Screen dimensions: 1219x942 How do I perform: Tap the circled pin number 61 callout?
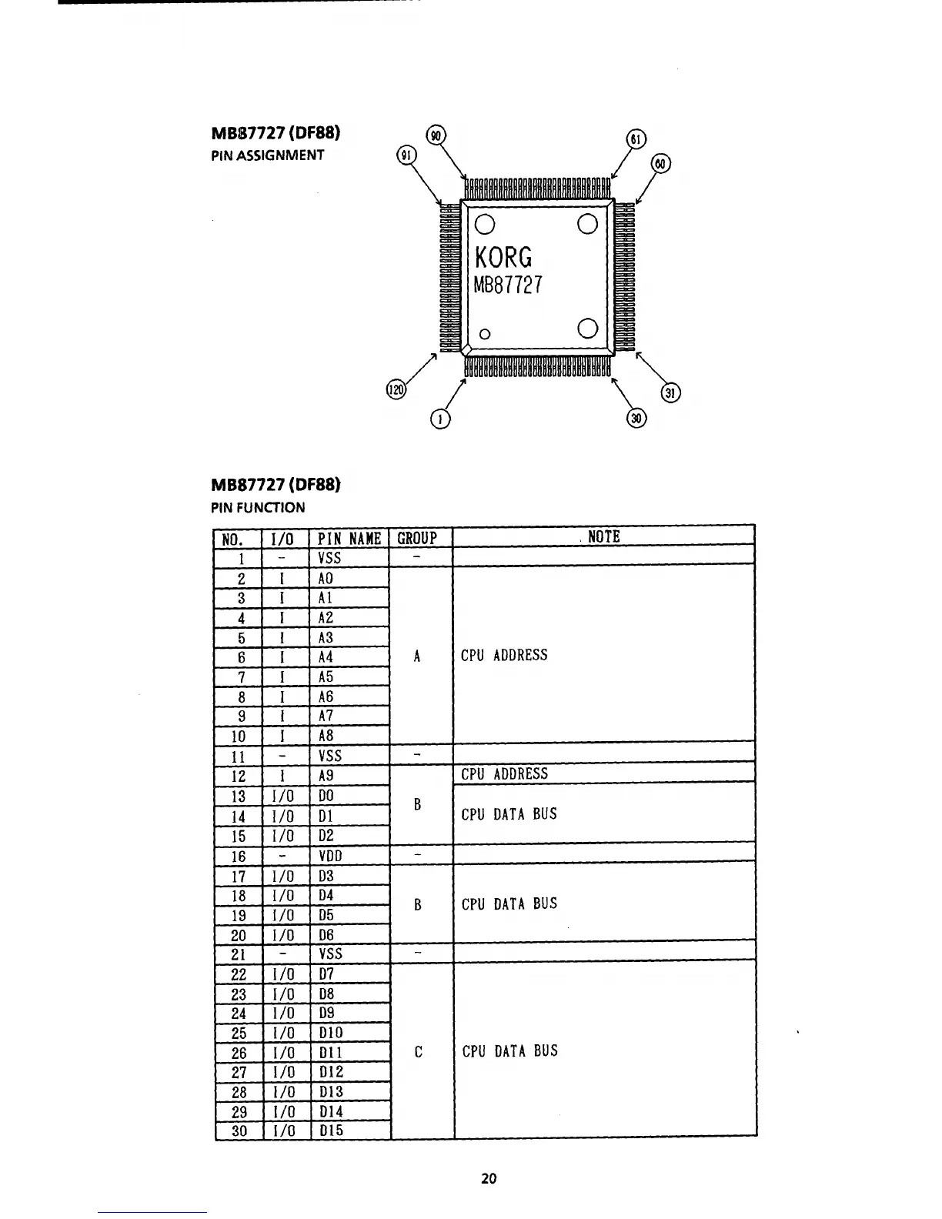[636, 139]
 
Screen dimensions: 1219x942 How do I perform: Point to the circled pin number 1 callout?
[441, 419]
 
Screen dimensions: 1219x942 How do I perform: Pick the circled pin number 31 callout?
[671, 393]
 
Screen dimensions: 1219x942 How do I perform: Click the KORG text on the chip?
[503, 256]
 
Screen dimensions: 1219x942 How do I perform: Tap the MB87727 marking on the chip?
[508, 286]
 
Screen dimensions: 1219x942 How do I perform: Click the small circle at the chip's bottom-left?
[485, 334]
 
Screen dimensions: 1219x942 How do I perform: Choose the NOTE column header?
[603, 537]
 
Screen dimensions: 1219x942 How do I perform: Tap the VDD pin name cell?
[330, 856]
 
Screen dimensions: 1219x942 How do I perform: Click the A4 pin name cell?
[326, 657]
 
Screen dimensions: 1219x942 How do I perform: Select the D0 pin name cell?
[326, 796]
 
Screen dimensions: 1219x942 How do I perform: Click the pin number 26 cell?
[239, 1053]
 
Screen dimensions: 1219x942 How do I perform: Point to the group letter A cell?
[417, 656]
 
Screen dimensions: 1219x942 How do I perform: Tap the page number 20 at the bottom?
[489, 1178]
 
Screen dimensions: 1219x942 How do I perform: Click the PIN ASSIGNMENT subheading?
[268, 155]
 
